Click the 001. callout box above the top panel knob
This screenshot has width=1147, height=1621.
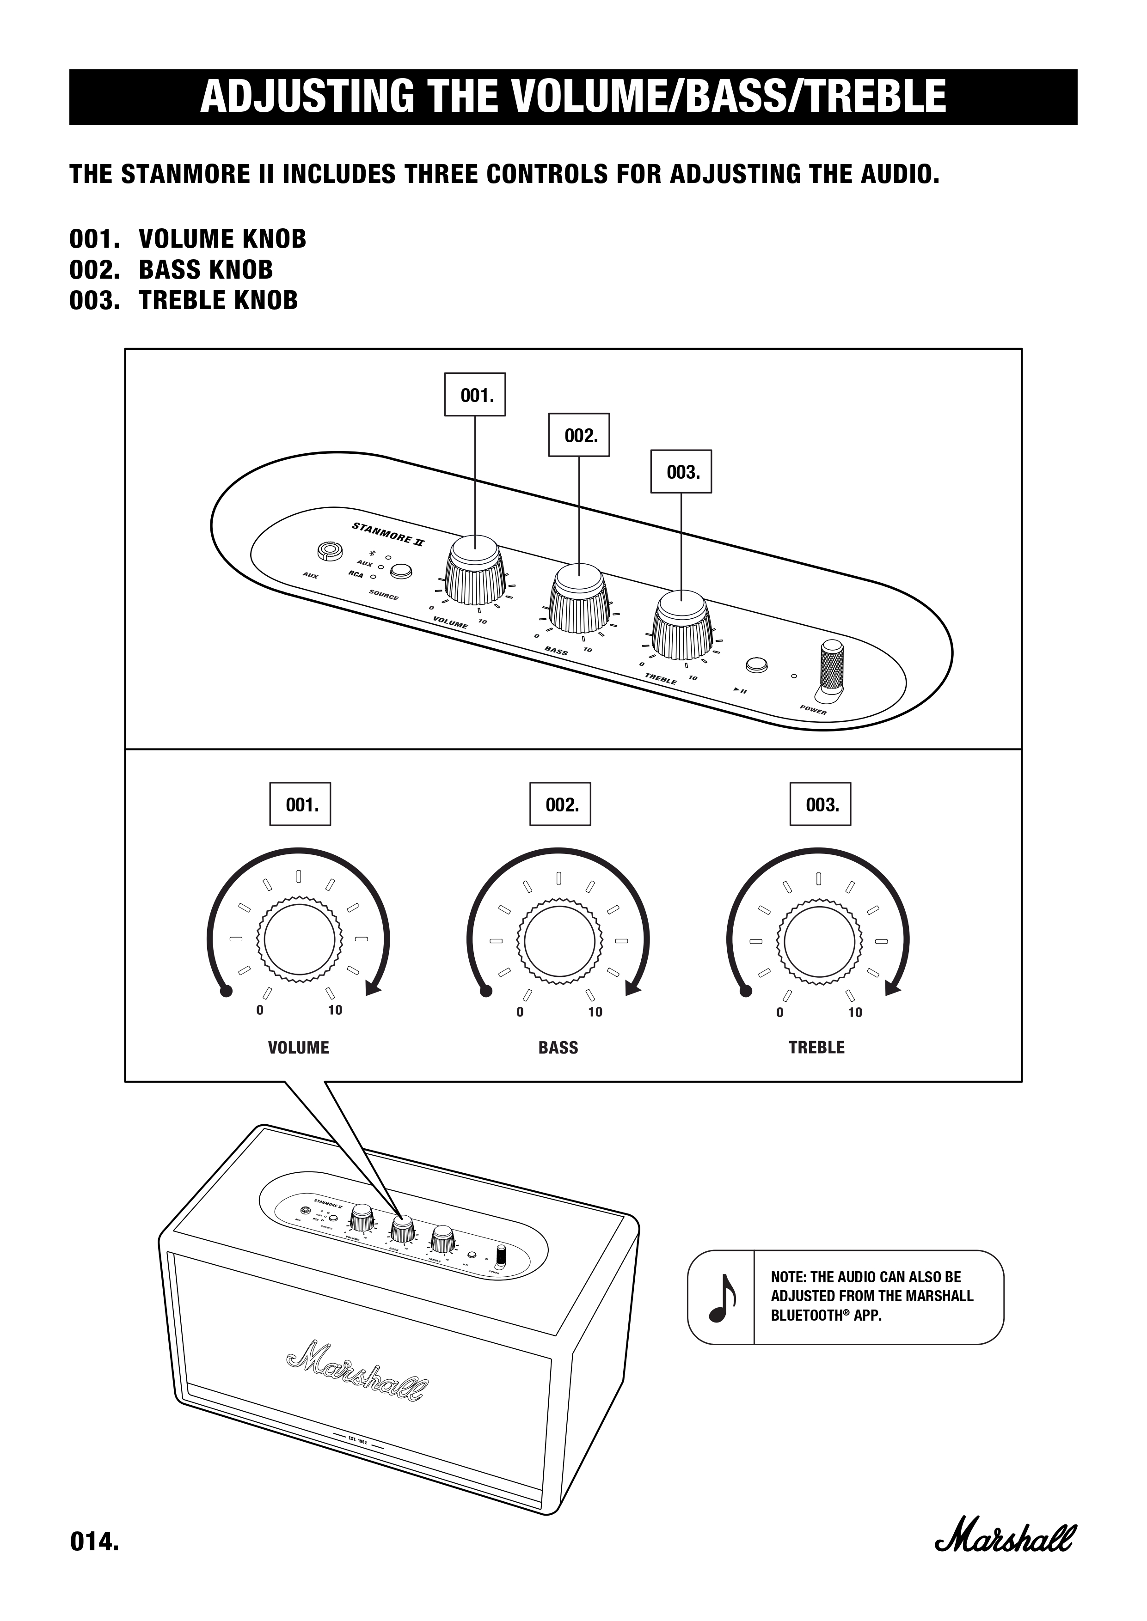(475, 396)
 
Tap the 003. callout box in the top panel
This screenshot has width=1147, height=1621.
(681, 472)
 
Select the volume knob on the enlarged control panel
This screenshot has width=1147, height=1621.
(475, 571)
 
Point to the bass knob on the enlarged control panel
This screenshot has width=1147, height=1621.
(579, 599)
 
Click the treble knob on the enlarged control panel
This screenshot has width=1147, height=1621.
(681, 625)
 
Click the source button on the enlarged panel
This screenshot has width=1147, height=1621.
(401, 571)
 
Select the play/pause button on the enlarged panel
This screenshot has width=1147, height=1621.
(756, 665)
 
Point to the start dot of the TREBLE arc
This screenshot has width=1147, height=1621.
(746, 991)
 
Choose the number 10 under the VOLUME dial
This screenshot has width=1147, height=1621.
(335, 1010)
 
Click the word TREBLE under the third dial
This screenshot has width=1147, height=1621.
(816, 1048)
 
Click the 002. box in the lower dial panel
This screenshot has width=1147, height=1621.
(560, 804)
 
